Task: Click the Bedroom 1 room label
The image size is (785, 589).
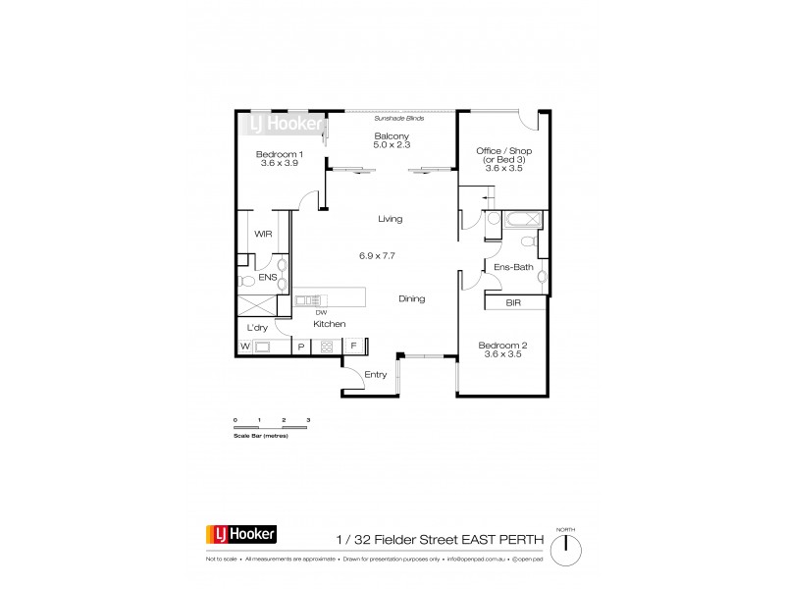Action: coord(280,154)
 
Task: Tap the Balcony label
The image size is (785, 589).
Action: coord(391,136)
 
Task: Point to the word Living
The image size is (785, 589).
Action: coord(391,219)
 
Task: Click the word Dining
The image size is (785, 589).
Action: coord(412,299)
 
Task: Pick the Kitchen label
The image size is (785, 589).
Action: coord(328,323)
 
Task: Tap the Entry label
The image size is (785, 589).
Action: coord(376,374)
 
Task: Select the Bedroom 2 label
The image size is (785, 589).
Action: coord(500,346)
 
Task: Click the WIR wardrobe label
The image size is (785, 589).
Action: coord(263,235)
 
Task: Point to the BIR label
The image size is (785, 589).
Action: coord(513,304)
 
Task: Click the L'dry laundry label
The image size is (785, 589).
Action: coord(257,327)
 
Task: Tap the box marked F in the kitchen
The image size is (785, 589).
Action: coord(352,346)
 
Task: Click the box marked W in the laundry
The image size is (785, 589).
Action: coord(244,347)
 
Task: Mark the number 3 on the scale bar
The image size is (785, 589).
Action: coord(308,420)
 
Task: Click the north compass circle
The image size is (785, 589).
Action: coord(566,549)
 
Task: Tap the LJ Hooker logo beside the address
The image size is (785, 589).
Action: coord(240,535)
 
